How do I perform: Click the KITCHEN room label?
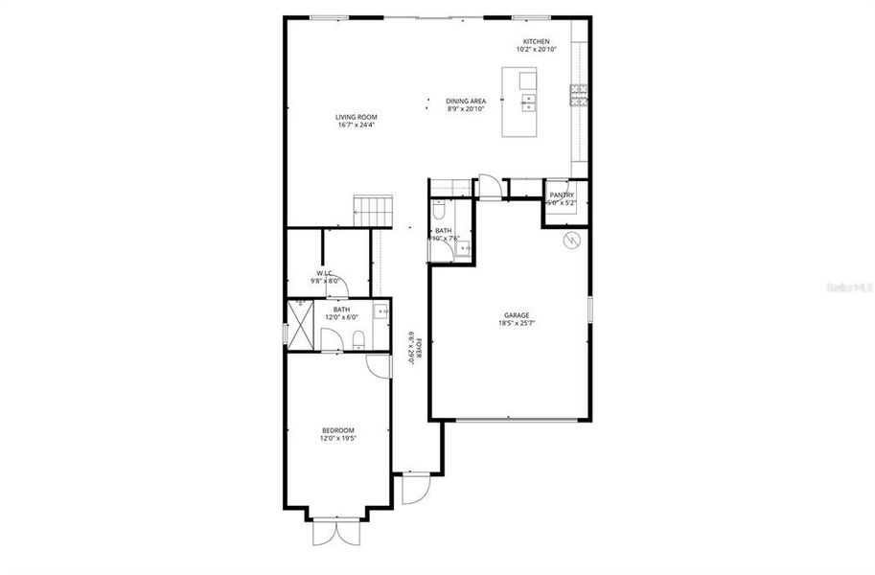click(536, 41)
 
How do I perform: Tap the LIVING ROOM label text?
click(356, 117)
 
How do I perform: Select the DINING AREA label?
click(466, 101)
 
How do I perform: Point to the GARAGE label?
click(518, 315)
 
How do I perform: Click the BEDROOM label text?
click(338, 430)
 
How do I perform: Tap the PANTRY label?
click(562, 195)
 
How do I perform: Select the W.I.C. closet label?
click(321, 273)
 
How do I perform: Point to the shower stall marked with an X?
click(303, 327)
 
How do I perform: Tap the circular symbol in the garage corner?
click(571, 240)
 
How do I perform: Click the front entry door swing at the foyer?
click(414, 489)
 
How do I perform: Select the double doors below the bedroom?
click(336, 533)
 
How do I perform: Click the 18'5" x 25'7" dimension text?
click(518, 324)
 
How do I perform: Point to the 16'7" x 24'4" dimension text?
click(356, 126)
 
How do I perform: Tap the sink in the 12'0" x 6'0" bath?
click(380, 310)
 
